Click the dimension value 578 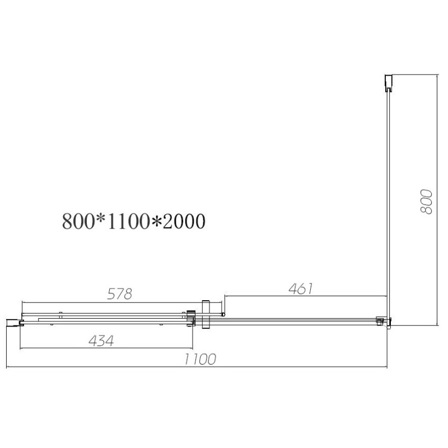click(x=119, y=293)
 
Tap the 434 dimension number click(x=101, y=340)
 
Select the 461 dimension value click(x=301, y=288)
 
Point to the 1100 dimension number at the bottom click(x=200, y=359)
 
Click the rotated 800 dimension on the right click(x=426, y=201)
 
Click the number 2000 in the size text click(x=185, y=221)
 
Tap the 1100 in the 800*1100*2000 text click(x=128, y=221)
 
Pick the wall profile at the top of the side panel click(x=388, y=83)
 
